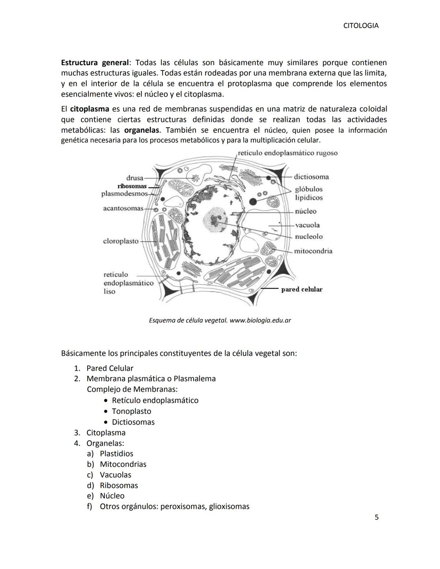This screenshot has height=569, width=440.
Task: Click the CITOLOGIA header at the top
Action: pyautogui.click(x=361, y=26)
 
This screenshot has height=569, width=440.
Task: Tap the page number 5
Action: pyautogui.click(x=376, y=517)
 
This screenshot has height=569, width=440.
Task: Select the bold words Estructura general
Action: pyautogui.click(x=95, y=63)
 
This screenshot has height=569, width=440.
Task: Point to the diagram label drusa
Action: pyautogui.click(x=134, y=178)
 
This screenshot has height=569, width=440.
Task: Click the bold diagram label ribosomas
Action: pyautogui.click(x=132, y=186)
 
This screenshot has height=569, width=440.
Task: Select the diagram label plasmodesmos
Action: pyautogui.click(x=124, y=194)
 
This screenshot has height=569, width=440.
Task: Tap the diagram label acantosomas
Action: pyautogui.click(x=123, y=209)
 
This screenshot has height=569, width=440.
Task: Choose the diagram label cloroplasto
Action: pyautogui.click(x=121, y=241)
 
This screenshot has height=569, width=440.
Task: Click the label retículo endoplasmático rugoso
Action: pyautogui.click(x=288, y=153)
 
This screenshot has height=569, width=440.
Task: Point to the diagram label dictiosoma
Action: pyautogui.click(x=311, y=177)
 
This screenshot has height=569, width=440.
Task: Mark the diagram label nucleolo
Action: pyautogui.click(x=308, y=237)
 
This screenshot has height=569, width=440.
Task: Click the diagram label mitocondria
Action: pyautogui.click(x=313, y=251)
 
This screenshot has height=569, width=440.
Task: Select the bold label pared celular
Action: pyautogui.click(x=301, y=290)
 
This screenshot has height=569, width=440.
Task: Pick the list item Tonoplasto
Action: pyautogui.click(x=131, y=411)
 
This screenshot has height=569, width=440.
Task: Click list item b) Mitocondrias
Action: pyautogui.click(x=123, y=464)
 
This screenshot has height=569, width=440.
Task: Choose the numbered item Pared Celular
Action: pyautogui.click(x=110, y=368)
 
